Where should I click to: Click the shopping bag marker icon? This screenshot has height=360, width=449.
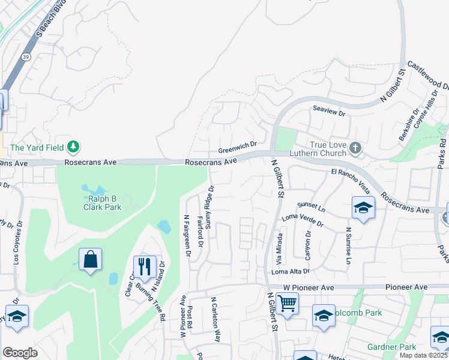(90, 260)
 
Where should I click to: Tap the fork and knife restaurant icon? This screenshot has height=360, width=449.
(144, 267)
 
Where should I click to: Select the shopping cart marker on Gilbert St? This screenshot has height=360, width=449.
(288, 304)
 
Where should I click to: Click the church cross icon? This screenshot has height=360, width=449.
(355, 147)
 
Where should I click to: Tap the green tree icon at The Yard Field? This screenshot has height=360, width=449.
(73, 146)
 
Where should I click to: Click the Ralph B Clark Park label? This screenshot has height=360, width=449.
(102, 203)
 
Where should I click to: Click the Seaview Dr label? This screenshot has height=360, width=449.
(330, 113)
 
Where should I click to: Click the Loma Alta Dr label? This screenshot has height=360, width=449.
(290, 271)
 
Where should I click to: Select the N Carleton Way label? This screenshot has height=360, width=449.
(216, 320)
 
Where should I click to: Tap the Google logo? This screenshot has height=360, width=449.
(20, 353)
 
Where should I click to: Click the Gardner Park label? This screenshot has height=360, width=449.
(391, 347)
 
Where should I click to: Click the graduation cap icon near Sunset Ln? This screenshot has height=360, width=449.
(363, 208)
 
